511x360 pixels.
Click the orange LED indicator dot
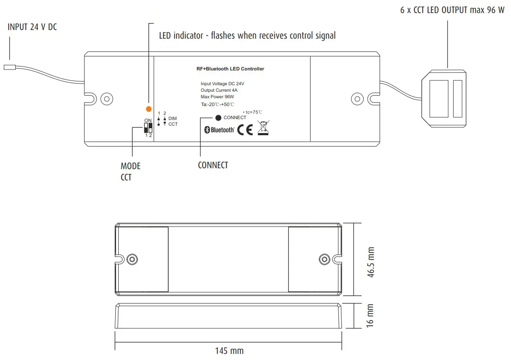click(x=149, y=109)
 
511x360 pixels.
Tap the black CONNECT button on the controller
click(x=219, y=118)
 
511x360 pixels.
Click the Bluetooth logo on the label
click(x=220, y=130)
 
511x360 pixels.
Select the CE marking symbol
click(x=245, y=130)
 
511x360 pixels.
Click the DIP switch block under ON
click(x=148, y=128)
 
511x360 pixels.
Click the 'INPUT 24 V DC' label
click(x=32, y=27)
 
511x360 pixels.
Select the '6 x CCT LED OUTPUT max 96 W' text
click(x=452, y=10)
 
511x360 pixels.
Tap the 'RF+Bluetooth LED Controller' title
click(x=230, y=69)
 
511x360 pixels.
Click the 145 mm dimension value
click(x=229, y=351)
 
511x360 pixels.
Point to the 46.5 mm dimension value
click(x=371, y=263)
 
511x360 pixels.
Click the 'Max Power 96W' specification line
click(x=217, y=97)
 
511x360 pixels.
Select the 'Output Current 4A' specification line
click(x=219, y=90)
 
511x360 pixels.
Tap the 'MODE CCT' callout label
click(x=130, y=172)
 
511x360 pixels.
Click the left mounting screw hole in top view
click(x=106, y=98)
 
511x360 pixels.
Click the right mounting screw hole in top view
click(x=357, y=98)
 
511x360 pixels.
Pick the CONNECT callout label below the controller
click(x=213, y=165)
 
